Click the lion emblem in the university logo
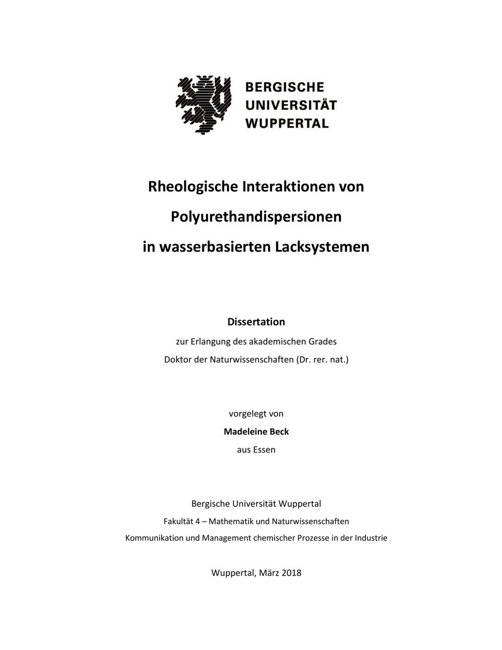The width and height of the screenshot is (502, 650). [x=203, y=104]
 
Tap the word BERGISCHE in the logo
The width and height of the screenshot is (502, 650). [x=285, y=87]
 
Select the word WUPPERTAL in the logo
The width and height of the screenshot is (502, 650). [x=287, y=123]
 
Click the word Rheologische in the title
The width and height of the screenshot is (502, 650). [x=193, y=187]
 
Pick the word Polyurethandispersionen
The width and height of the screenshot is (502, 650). [x=256, y=217]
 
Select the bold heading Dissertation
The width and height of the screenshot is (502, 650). [x=256, y=321]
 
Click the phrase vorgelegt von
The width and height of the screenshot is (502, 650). [x=256, y=413]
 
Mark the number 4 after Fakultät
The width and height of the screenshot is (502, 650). [x=198, y=521]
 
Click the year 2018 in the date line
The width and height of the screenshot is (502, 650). [x=291, y=573]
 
